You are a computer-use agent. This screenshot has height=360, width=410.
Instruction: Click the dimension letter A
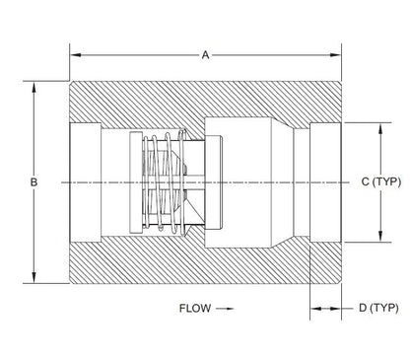(205, 55)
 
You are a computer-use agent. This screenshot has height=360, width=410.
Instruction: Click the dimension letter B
(34, 181)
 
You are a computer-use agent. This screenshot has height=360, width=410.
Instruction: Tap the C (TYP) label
(381, 181)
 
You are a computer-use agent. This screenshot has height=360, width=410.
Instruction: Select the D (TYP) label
(378, 308)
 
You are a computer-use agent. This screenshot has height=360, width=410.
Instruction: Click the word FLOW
(195, 308)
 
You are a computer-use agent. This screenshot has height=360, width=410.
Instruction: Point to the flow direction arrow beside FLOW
(225, 309)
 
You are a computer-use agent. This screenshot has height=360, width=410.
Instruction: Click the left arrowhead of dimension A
(76, 55)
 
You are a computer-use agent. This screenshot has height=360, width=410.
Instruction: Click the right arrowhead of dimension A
(336, 55)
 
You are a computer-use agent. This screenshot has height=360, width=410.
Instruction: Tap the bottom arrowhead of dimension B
(34, 277)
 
